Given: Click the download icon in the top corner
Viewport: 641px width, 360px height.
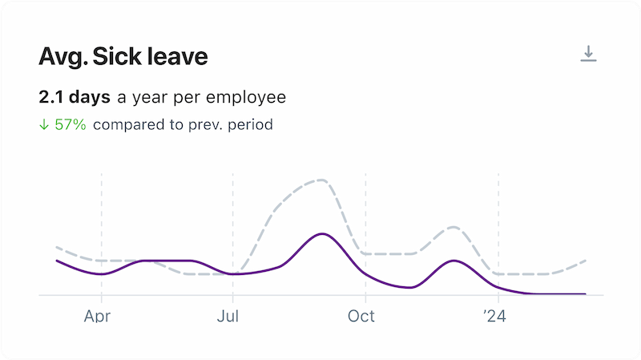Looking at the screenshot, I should click(x=589, y=55).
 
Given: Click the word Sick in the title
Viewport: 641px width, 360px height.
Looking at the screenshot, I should click(x=119, y=57).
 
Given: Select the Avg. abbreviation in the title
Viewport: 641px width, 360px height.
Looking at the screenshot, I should click(x=62, y=57).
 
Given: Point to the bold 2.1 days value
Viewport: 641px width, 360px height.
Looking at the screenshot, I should click(x=75, y=98).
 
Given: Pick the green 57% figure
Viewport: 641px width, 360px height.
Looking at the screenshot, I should click(x=71, y=124).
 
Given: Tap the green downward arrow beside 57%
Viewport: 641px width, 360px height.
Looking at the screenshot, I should click(x=44, y=124).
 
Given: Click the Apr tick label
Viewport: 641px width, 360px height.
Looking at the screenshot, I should click(x=97, y=316).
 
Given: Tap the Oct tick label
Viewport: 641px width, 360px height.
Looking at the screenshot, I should click(x=361, y=316).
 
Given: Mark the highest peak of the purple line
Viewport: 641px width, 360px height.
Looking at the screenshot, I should click(x=321, y=233).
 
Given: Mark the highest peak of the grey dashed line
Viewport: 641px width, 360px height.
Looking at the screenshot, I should click(x=320, y=180).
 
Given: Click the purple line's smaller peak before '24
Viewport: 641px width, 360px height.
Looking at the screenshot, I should click(x=454, y=261).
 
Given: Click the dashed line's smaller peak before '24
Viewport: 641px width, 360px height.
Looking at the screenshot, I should click(x=454, y=227).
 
